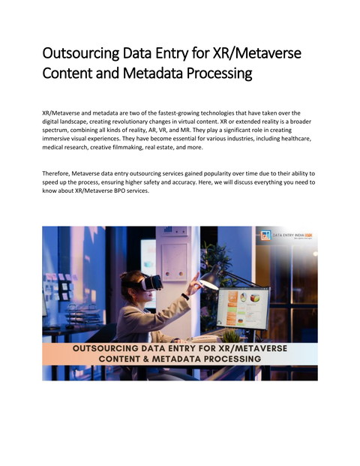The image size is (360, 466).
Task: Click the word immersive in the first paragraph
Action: tap(58, 139)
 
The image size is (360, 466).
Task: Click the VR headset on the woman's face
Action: tap(151, 284)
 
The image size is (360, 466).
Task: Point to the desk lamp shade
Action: tap(211, 281)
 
